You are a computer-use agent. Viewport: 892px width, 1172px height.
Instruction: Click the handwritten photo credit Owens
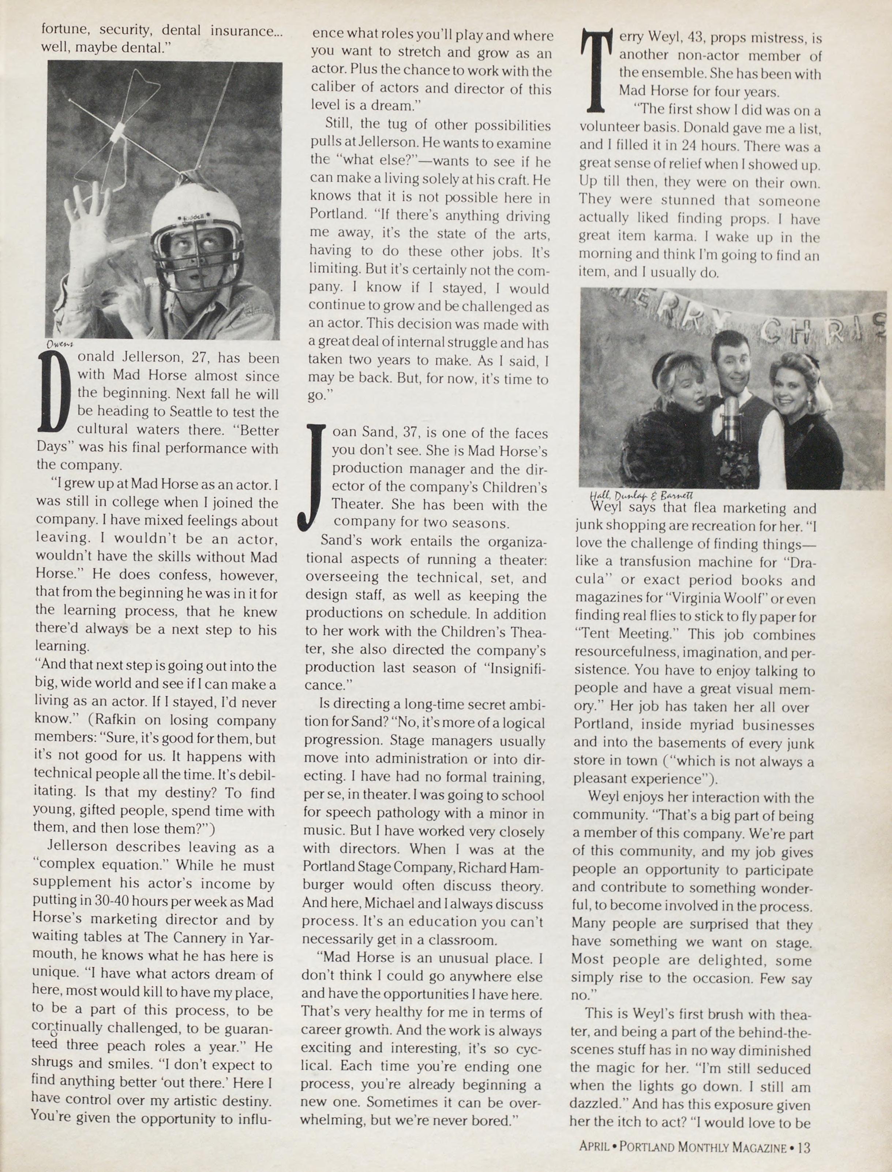click(x=60, y=344)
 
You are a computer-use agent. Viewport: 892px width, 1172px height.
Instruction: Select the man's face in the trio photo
click(x=733, y=366)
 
